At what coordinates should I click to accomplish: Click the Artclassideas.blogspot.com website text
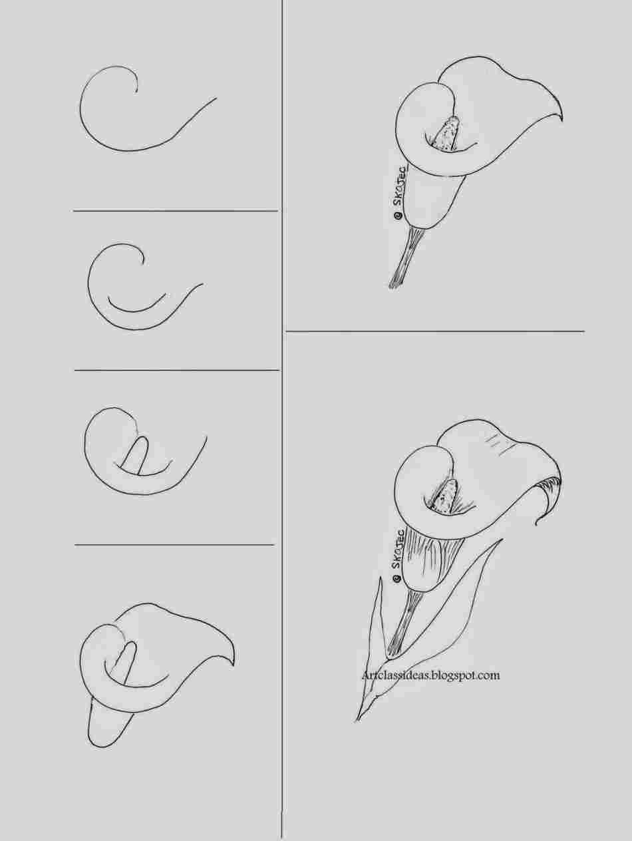pos(430,675)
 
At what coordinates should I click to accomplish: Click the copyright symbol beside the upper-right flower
pos(396,215)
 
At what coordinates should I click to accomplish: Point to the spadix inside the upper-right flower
pos(444,132)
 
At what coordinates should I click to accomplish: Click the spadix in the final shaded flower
pos(444,495)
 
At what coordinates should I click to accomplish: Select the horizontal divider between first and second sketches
pos(175,211)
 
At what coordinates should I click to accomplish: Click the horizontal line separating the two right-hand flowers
pos(434,331)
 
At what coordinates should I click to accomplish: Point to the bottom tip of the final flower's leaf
pos(357,720)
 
